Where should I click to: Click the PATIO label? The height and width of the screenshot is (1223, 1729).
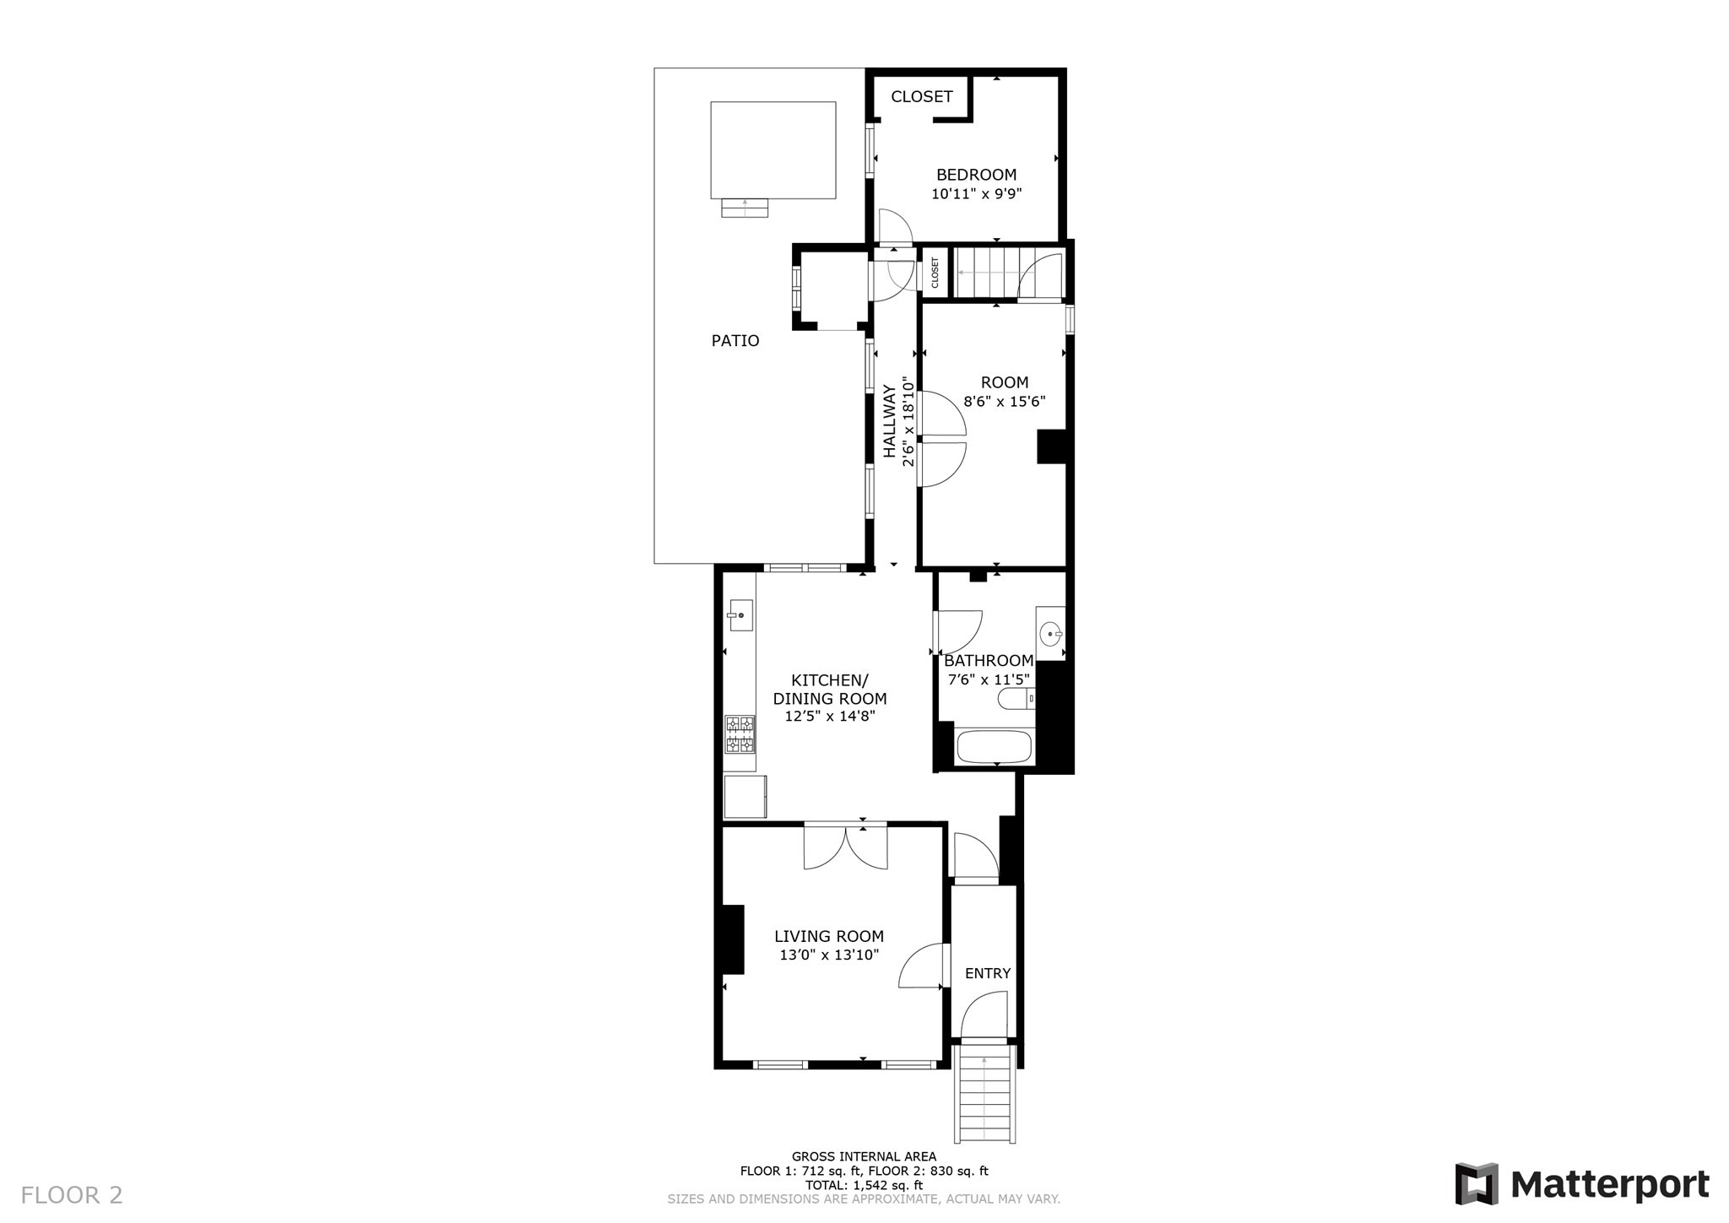(x=735, y=341)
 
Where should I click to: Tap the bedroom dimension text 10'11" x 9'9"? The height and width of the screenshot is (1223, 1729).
(x=976, y=194)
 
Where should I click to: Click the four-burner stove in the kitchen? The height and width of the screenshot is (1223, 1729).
(x=740, y=733)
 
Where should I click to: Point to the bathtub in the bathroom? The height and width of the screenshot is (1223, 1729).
(x=994, y=747)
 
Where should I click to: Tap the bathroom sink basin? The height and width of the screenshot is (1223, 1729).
(x=1050, y=633)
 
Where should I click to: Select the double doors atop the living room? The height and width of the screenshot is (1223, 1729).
(x=845, y=847)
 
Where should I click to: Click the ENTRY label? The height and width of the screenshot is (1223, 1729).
(x=987, y=973)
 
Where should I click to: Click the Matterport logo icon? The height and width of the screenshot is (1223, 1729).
(x=1476, y=1183)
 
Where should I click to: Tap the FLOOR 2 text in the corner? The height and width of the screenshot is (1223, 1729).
(x=72, y=1195)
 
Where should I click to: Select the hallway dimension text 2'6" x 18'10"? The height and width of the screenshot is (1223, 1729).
(x=908, y=421)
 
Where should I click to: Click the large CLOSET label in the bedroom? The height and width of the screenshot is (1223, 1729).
(x=921, y=97)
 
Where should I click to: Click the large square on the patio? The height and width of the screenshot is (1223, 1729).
(x=772, y=150)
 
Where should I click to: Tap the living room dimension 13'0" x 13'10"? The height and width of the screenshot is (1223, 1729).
(x=829, y=955)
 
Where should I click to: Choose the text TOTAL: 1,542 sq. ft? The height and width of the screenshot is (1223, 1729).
(x=864, y=1185)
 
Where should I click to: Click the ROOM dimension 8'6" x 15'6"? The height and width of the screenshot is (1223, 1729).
(x=1004, y=402)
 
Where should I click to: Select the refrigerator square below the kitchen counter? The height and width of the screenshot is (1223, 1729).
(x=745, y=797)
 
